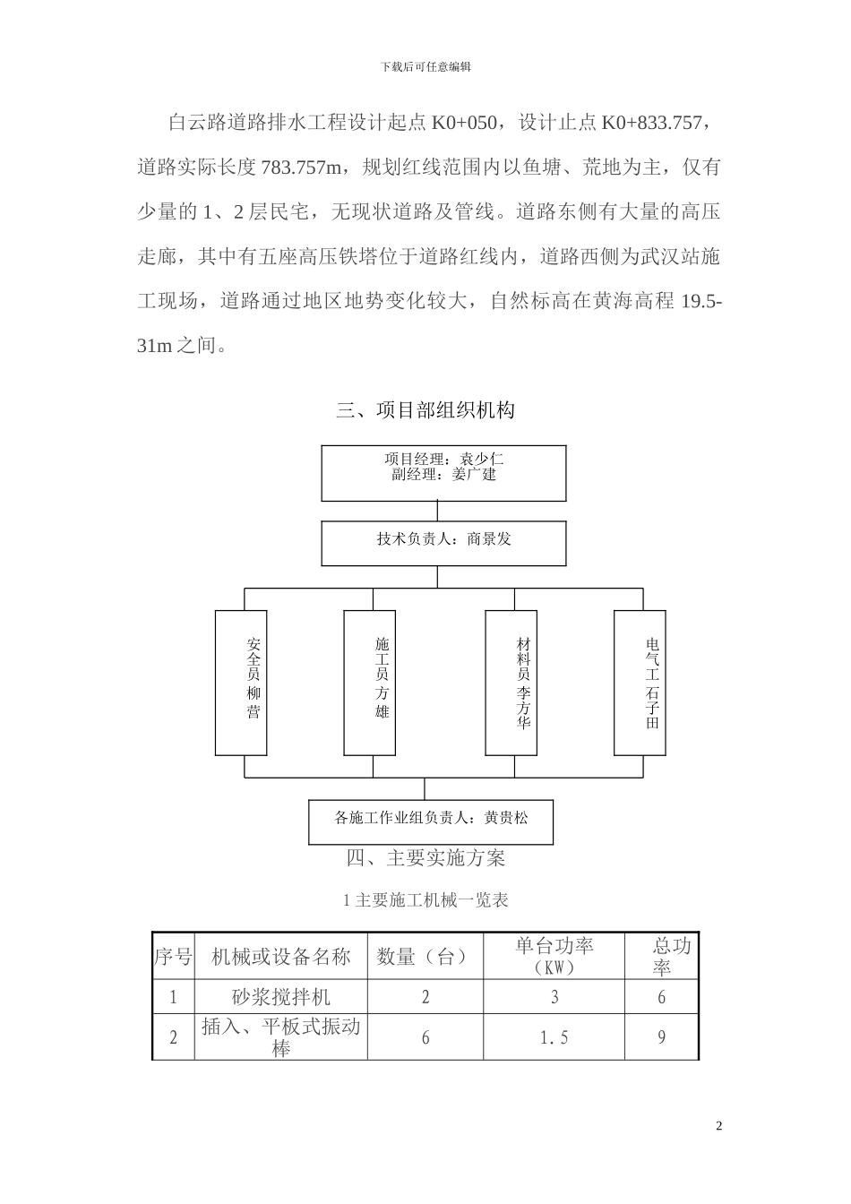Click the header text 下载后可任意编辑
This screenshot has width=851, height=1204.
[425, 66]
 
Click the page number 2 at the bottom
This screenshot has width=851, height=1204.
[718, 1125]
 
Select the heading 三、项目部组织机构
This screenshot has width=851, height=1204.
[425, 411]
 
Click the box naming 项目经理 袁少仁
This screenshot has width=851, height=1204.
[443, 473]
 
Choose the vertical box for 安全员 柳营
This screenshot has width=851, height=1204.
[254, 682]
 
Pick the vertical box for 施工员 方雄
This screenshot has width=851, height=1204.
[383, 682]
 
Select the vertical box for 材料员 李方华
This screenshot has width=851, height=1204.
[523, 682]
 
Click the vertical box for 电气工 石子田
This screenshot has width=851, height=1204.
[652, 682]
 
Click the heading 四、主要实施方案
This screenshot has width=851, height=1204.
[425, 858]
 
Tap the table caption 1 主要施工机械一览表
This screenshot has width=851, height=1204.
[425, 900]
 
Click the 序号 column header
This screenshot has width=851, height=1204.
[173, 957]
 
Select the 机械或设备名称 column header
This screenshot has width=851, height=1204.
[280, 957]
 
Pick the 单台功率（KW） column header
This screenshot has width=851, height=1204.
[554, 957]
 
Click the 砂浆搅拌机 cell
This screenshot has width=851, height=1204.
[280, 996]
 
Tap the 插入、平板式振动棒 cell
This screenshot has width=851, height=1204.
[280, 1037]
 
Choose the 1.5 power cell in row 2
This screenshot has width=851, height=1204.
[554, 1037]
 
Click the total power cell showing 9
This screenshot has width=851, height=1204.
[661, 1037]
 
